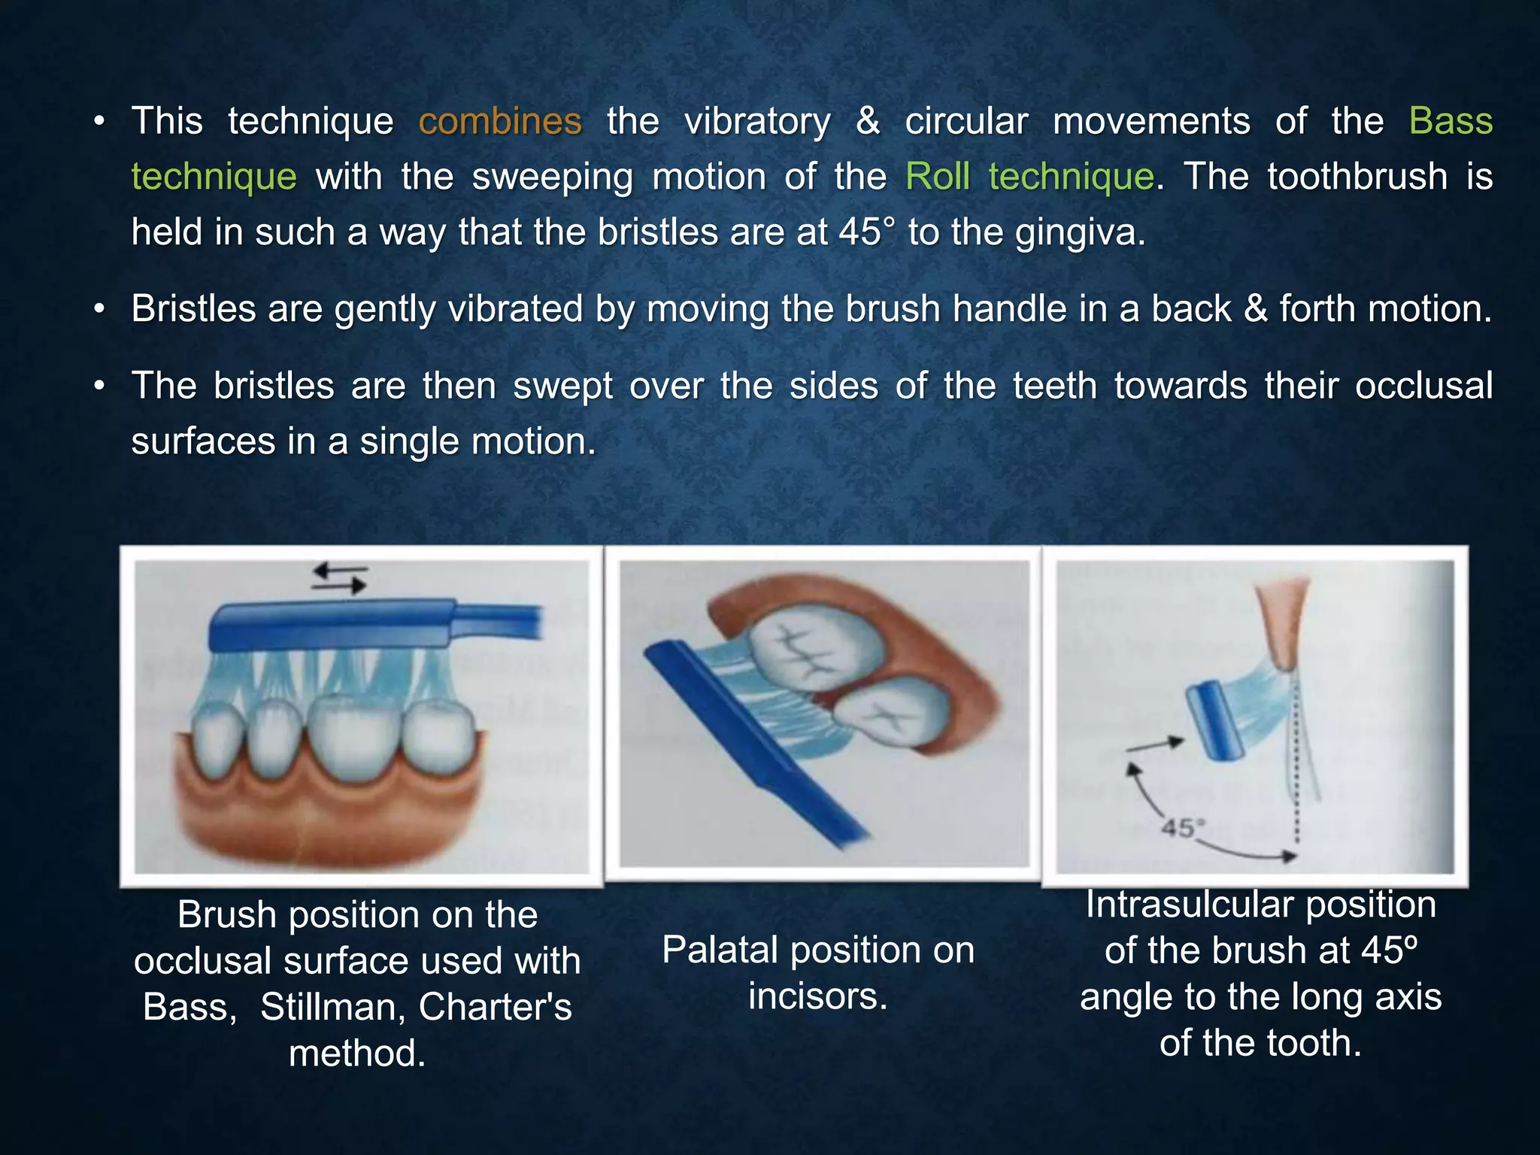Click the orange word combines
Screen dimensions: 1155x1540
coord(499,122)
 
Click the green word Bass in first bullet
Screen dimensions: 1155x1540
coord(1450,122)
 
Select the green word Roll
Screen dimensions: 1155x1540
coord(938,177)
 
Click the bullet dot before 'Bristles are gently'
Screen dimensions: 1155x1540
coord(99,310)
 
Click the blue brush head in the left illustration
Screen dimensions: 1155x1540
coord(331,624)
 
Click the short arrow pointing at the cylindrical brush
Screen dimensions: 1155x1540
coord(1155,744)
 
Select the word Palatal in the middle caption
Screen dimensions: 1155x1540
coord(720,950)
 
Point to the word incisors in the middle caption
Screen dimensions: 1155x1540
coord(817,997)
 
